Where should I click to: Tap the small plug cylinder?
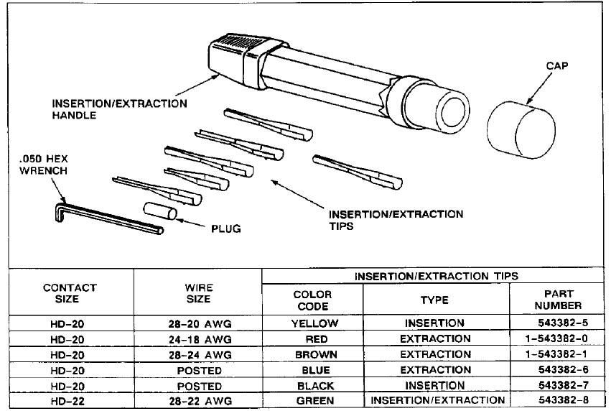click(159, 213)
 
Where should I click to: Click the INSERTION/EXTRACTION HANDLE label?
click(119, 109)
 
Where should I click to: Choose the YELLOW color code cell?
click(314, 323)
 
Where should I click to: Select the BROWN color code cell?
click(314, 355)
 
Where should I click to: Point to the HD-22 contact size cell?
click(70, 401)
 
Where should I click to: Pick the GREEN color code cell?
click(314, 401)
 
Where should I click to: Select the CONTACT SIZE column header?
click(70, 292)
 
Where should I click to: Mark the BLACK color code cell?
click(314, 386)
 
